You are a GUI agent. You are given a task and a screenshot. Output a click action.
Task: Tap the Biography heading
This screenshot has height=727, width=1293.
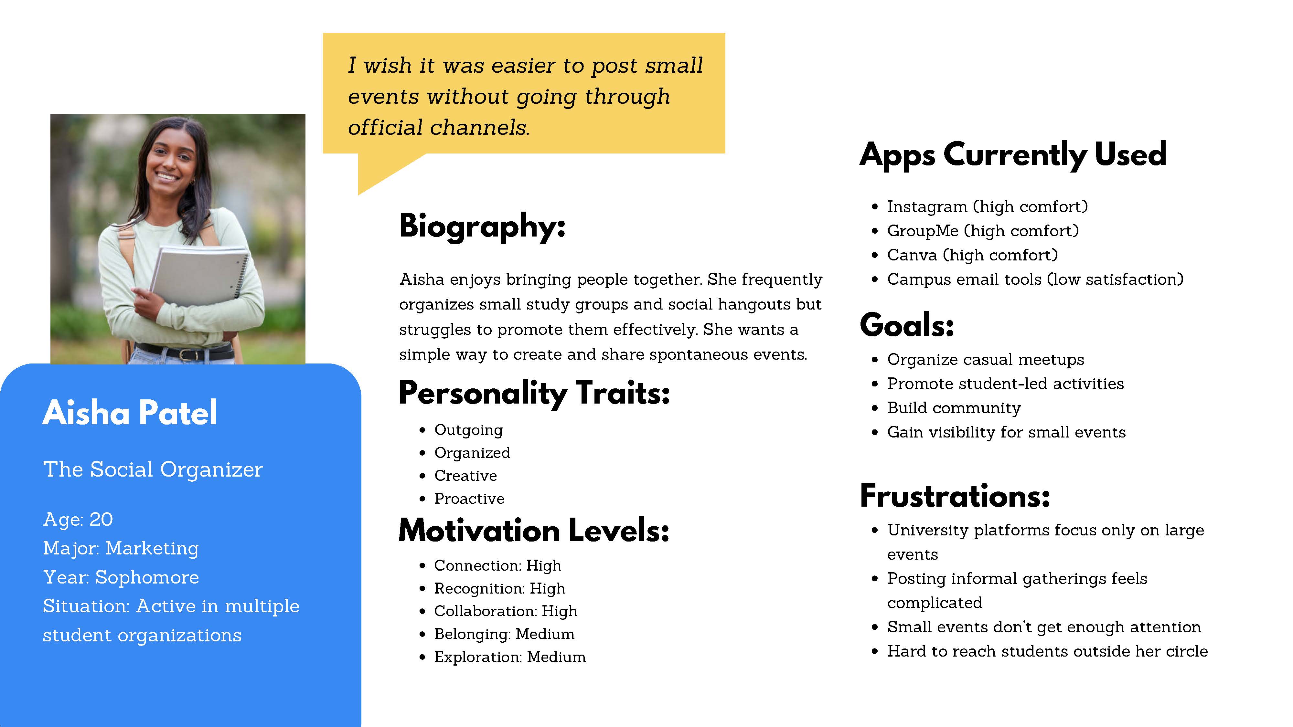tap(482, 226)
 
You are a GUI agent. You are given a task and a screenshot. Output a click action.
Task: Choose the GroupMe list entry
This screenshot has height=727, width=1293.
tap(983, 231)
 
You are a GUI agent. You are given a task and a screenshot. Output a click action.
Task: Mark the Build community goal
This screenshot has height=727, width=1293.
tap(954, 408)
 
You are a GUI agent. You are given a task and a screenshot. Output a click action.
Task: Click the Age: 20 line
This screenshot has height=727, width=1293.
tap(78, 519)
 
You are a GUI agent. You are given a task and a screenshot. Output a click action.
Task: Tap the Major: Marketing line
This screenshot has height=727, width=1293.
tap(121, 548)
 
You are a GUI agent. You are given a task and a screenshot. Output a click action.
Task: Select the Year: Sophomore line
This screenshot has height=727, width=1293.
tap(121, 577)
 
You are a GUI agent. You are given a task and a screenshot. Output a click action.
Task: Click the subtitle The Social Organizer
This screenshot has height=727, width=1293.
tap(153, 469)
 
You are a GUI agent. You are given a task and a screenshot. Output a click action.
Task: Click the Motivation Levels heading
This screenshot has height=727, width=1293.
tap(534, 531)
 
